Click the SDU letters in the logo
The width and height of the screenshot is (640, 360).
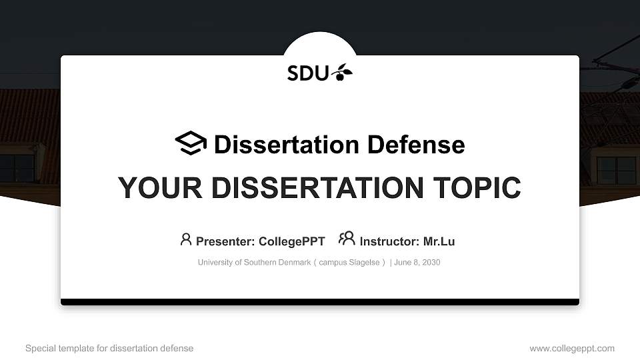(308, 73)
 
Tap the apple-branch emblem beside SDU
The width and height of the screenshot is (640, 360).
(341, 72)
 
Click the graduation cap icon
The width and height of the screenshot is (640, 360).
(191, 143)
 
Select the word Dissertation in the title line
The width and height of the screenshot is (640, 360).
(287, 145)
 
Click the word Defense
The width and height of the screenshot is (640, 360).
(416, 145)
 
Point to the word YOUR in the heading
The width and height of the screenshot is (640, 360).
(160, 188)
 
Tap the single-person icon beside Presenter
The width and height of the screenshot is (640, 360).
(186, 239)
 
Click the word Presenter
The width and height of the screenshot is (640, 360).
(225, 241)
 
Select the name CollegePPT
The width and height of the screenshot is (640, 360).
(292, 241)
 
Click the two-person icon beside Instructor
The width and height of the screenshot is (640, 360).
(347, 239)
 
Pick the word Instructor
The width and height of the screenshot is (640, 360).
(390, 241)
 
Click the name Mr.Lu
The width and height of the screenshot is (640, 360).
(439, 241)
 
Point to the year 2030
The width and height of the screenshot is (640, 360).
(431, 263)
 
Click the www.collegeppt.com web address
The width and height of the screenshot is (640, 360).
(572, 349)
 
